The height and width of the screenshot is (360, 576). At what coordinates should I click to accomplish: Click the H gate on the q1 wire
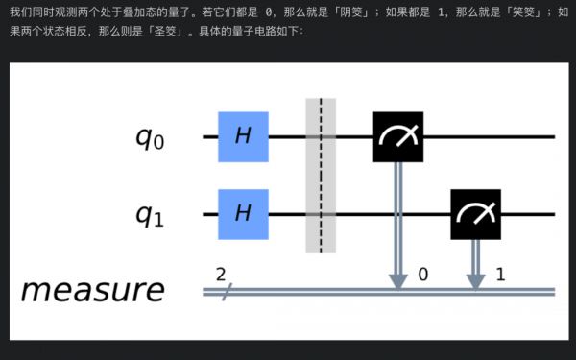[x=243, y=214]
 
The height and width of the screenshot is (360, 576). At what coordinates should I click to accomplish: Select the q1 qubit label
[x=150, y=215]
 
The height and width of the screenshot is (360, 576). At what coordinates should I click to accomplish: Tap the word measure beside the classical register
[x=92, y=290]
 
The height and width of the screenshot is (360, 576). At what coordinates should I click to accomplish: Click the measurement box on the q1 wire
[x=475, y=214]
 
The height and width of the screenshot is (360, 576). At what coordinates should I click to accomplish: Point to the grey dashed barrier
[x=320, y=175]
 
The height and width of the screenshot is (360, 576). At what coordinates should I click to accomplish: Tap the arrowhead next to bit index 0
[x=397, y=280]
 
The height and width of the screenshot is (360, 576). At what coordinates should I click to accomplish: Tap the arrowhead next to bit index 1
[x=475, y=280]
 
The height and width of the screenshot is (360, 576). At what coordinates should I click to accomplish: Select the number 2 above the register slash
[x=221, y=274]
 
